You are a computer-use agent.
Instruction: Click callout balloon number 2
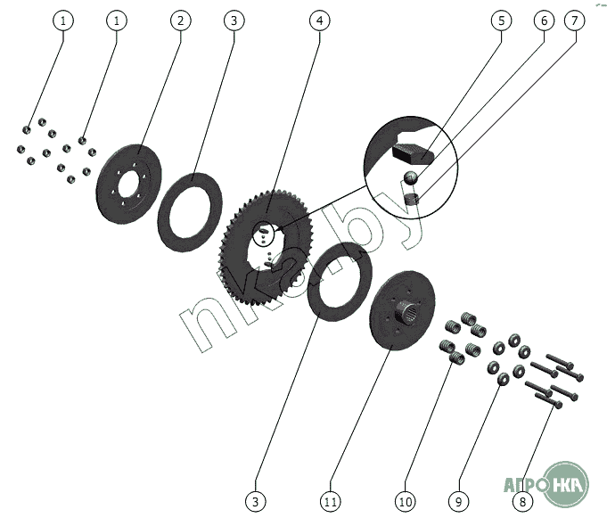(180, 21)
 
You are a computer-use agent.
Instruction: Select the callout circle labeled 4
(318, 21)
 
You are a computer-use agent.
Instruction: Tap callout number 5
(502, 21)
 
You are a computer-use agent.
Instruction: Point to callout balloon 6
(540, 21)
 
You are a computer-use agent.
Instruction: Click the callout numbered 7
(575, 21)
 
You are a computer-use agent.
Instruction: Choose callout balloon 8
(523, 502)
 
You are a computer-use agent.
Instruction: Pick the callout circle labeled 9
(457, 502)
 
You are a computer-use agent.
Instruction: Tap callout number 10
(406, 502)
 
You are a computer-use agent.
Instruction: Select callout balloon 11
(331, 502)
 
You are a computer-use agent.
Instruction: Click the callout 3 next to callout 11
(256, 502)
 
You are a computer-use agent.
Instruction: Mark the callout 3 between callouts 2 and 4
(232, 21)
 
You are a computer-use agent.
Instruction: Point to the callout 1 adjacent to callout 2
(115, 21)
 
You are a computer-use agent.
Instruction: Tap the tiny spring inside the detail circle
(412, 202)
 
